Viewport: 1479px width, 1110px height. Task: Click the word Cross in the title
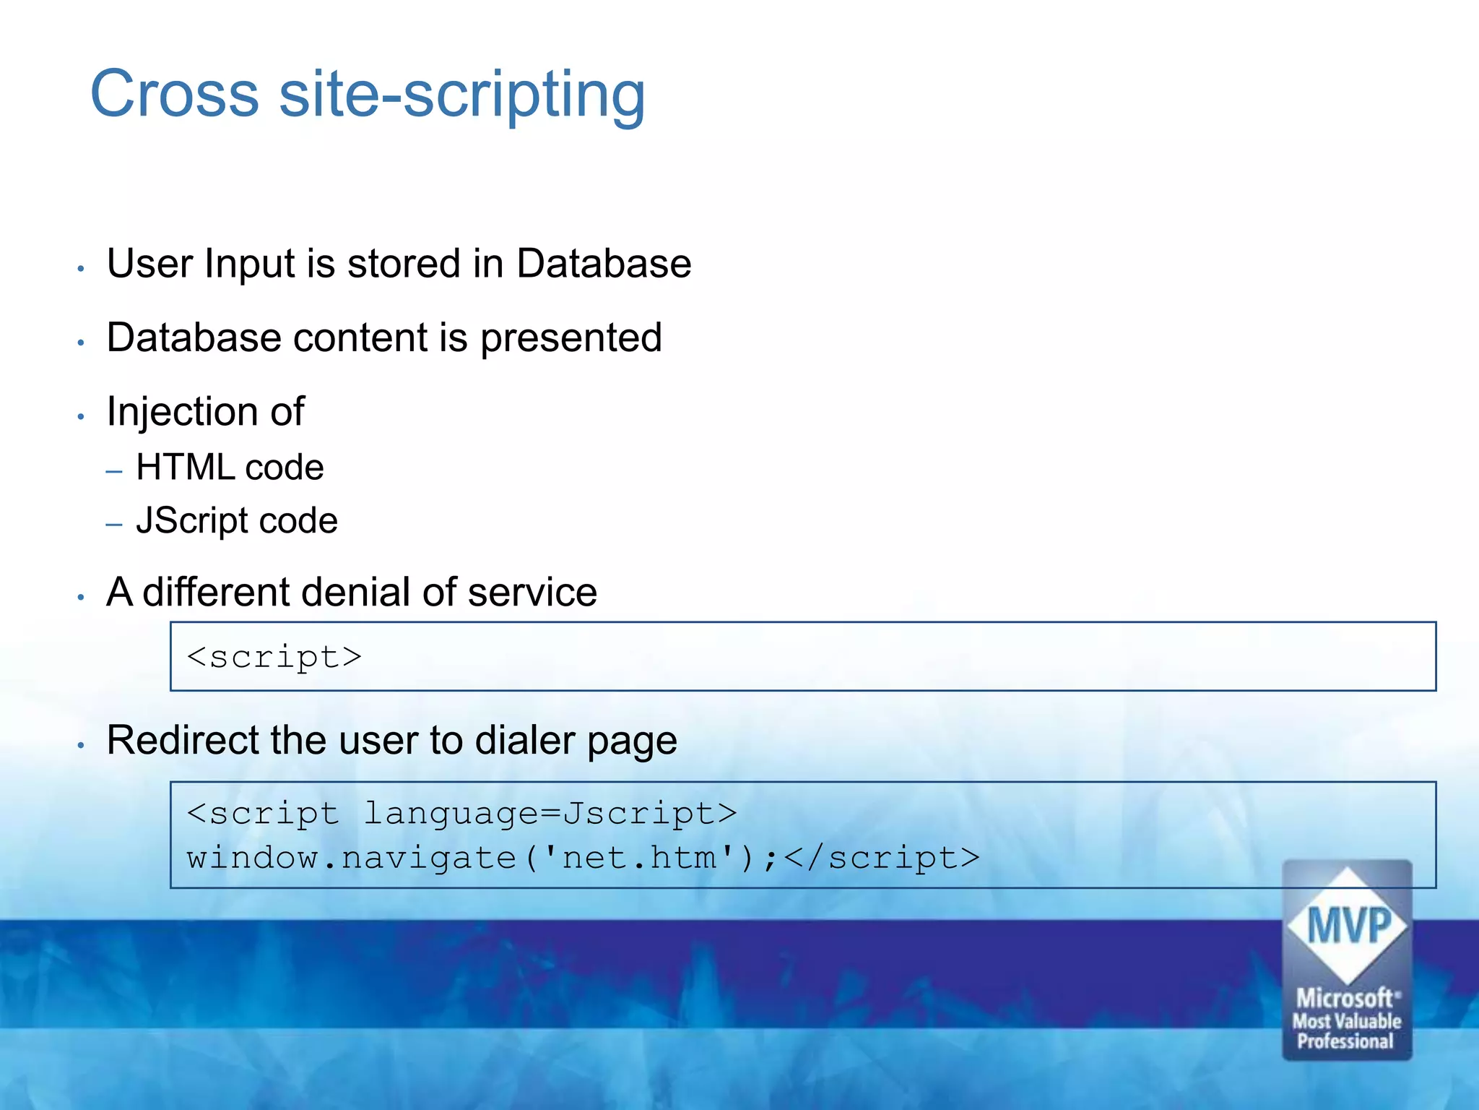pos(174,94)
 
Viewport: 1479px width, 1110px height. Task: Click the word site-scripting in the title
pos(462,95)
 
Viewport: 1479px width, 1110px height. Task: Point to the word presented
pos(571,338)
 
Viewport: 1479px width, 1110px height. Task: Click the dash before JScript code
pos(114,524)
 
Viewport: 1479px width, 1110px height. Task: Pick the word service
pos(532,593)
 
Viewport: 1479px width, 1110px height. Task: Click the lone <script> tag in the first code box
pos(274,657)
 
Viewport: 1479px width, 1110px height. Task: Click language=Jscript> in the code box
pos(550,814)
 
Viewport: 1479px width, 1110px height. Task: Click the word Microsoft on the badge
pos(1345,998)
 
